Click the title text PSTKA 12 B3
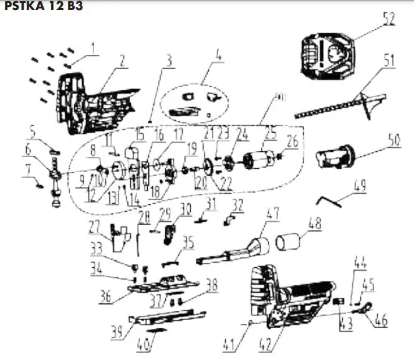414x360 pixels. tap(42, 7)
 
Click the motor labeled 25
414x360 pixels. tap(258, 159)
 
